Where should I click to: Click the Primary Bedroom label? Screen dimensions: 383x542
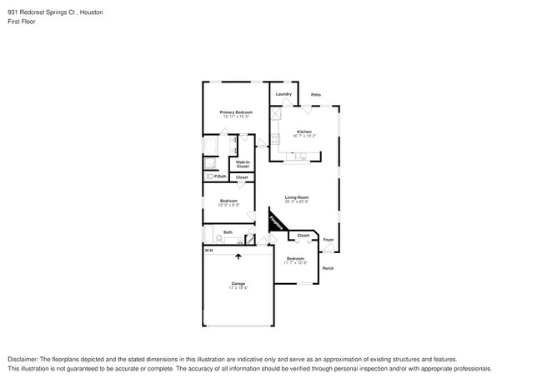[236, 112]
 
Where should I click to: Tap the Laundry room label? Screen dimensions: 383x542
[284, 94]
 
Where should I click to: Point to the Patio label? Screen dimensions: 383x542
[316, 95]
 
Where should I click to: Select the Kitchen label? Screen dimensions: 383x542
[304, 132]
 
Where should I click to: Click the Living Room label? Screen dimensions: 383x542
[297, 197]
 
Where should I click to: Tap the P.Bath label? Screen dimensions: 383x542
[221, 176]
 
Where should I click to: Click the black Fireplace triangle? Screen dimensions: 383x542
[274, 222]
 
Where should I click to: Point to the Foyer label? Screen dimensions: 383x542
[329, 240]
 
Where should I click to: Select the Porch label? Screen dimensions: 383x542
[328, 268]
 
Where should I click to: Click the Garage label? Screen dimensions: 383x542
[238, 284]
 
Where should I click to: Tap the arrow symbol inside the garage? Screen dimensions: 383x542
[238, 258]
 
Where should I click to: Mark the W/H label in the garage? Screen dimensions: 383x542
[209, 250]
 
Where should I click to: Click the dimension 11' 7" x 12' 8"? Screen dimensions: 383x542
[296, 263]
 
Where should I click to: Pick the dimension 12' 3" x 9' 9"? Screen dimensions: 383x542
[228, 205]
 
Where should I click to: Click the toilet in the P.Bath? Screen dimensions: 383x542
[209, 176]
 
